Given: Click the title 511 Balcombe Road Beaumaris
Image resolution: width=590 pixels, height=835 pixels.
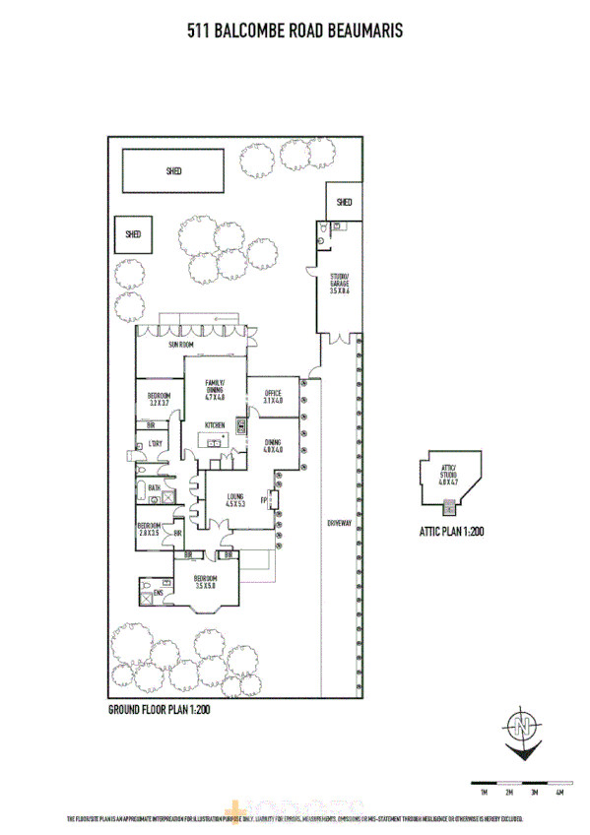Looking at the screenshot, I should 295,32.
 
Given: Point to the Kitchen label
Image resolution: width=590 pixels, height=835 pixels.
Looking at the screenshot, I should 215,425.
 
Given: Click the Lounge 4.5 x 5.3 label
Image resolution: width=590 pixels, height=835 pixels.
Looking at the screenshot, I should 234,500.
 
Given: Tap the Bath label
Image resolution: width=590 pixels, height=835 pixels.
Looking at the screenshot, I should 155,487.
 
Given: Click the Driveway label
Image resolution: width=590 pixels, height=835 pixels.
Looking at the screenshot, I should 339,523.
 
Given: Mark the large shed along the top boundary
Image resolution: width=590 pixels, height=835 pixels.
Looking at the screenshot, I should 174,171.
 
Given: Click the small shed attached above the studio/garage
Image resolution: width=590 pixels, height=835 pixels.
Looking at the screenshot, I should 344,202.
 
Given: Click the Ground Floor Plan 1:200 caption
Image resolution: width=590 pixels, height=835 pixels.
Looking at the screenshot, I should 160,708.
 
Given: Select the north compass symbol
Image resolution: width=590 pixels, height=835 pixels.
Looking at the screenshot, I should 521,729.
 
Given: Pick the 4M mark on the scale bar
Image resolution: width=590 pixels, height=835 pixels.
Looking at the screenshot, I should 558,792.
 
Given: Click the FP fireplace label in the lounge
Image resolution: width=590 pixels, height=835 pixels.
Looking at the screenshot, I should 264,501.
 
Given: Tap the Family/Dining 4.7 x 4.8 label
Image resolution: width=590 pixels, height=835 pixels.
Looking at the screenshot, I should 215,390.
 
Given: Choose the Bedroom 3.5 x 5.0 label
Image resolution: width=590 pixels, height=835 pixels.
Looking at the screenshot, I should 206,582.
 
